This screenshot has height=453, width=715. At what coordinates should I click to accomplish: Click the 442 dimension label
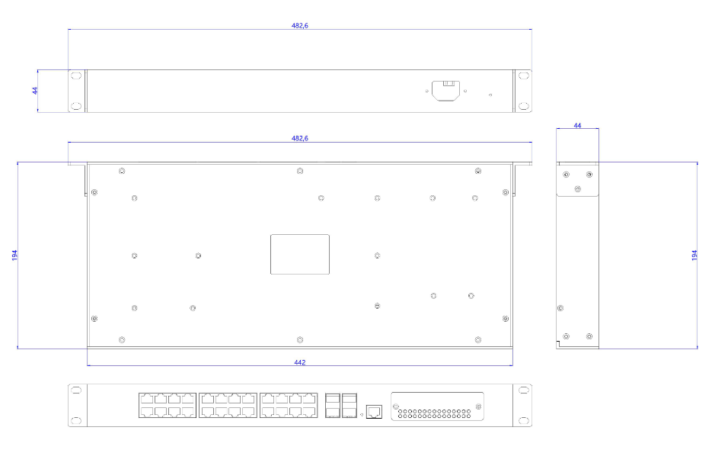click(x=299, y=362)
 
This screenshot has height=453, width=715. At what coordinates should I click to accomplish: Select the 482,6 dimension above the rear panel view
click(x=299, y=26)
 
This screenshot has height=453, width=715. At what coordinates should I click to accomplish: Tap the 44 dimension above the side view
click(x=577, y=125)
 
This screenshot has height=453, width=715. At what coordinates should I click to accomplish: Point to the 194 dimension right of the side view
click(x=694, y=255)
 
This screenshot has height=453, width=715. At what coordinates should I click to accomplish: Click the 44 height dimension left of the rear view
click(x=35, y=91)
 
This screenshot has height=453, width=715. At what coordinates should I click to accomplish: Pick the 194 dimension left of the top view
click(x=14, y=255)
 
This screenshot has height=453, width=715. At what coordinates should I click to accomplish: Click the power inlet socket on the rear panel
click(x=445, y=91)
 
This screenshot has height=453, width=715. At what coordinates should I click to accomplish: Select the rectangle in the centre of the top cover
click(x=300, y=255)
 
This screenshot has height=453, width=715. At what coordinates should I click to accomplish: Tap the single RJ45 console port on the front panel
click(x=374, y=412)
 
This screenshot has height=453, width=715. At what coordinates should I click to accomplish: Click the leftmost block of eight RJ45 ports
click(x=168, y=405)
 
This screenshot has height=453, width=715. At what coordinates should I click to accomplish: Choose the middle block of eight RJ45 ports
click(x=228, y=405)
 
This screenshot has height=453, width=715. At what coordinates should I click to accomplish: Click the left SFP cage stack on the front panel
click(x=333, y=406)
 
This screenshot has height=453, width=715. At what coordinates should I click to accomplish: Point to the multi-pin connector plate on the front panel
click(x=437, y=406)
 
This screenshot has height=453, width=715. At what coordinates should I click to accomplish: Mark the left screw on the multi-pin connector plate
click(x=396, y=406)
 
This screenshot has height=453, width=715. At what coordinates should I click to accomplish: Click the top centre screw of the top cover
click(x=300, y=171)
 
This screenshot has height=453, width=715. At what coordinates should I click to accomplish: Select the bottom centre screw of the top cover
click(x=300, y=340)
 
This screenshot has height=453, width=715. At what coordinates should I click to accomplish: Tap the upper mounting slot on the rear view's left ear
click(x=77, y=75)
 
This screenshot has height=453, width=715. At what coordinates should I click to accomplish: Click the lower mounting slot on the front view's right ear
click(x=523, y=420)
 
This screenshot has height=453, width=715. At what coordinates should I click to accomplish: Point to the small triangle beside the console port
click(x=362, y=415)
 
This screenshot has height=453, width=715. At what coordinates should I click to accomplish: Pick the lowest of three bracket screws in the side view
click(x=578, y=189)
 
